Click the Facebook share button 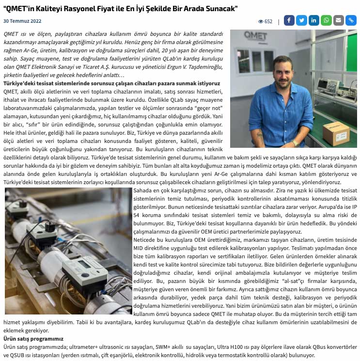tap(289, 20)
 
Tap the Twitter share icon tap(301, 20)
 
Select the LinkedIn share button tap(314, 20)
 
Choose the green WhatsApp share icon tap(326, 20)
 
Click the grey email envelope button tap(339, 20)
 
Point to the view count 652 tap(268, 21)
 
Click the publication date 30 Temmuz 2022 tap(22, 21)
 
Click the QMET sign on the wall tap(255, 36)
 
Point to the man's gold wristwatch tap(295, 143)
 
